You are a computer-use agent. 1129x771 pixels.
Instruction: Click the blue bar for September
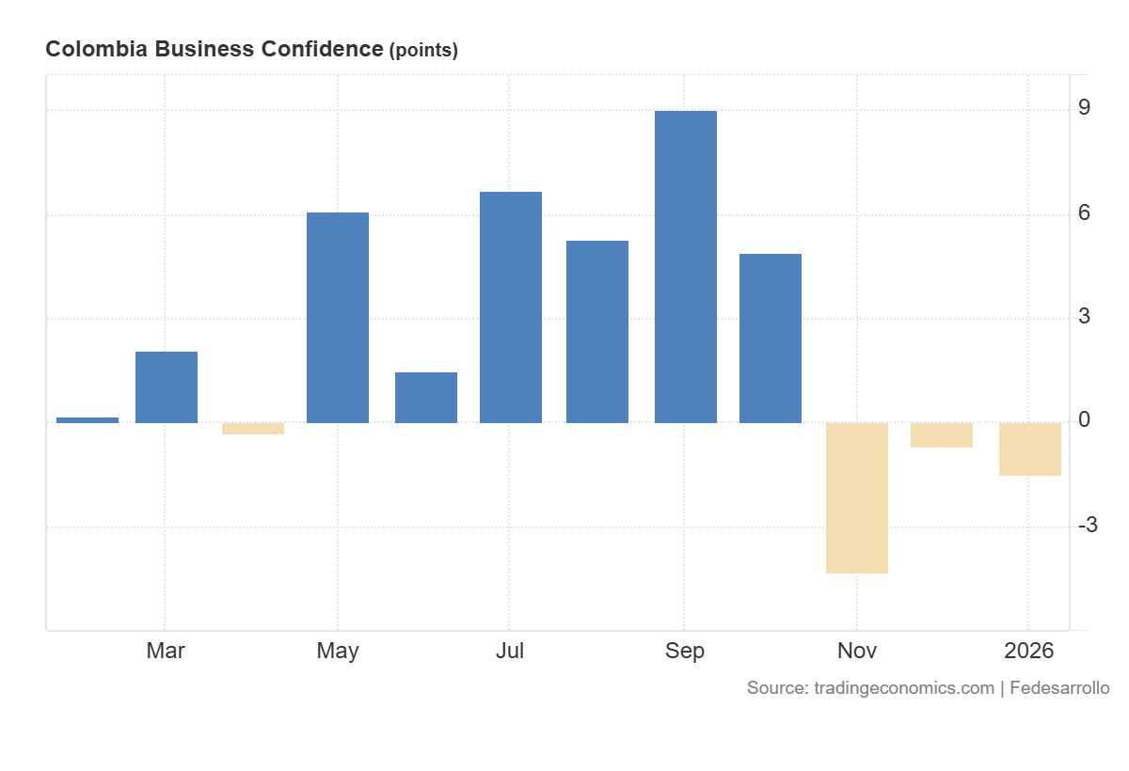pyautogui.click(x=685, y=267)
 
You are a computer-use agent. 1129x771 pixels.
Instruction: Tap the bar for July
pyautogui.click(x=511, y=307)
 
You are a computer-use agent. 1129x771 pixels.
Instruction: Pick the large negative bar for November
pyautogui.click(x=857, y=497)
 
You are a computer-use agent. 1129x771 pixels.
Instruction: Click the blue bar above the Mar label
pyautogui.click(x=167, y=387)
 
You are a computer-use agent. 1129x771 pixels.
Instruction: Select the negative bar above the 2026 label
pyautogui.click(x=1030, y=448)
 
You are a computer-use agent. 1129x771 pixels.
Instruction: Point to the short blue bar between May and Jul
pyautogui.click(x=426, y=398)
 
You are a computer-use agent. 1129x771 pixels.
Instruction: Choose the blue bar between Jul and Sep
pyautogui.click(x=597, y=332)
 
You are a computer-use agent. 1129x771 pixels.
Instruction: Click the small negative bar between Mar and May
pyautogui.click(x=253, y=429)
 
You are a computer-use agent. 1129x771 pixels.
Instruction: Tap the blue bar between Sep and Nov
pyautogui.click(x=771, y=338)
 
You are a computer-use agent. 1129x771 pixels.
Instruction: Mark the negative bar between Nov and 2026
pyautogui.click(x=942, y=435)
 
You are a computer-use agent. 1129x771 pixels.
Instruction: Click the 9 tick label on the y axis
pyautogui.click(x=1085, y=108)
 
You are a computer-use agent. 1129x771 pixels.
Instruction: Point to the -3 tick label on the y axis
pyautogui.click(x=1088, y=525)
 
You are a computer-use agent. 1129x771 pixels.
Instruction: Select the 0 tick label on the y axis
pyautogui.click(x=1085, y=420)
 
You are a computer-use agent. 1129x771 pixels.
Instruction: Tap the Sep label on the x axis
pyautogui.click(x=685, y=651)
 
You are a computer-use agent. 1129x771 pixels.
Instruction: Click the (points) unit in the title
pyautogui.click(x=423, y=51)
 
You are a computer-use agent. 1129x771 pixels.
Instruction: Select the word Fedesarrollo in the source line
pyautogui.click(x=1060, y=688)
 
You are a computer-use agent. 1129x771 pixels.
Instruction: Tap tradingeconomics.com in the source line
pyautogui.click(x=902, y=688)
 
